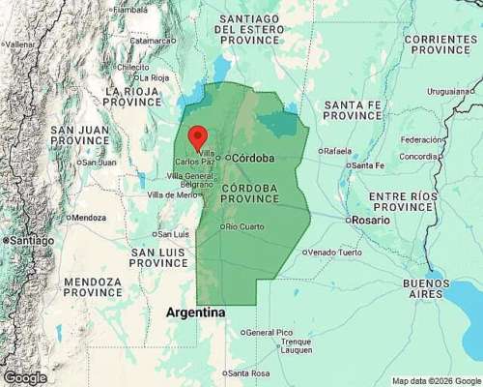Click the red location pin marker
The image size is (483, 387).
pyautogui.click(x=197, y=137)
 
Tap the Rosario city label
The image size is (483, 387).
pyautogui.click(x=372, y=220)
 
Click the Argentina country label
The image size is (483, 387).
pyautogui.click(x=196, y=313)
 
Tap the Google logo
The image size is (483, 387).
pyautogui.click(x=24, y=377)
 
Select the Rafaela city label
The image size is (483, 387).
pyautogui.click(x=337, y=150)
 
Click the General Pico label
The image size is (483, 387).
pyautogui.click(x=270, y=332)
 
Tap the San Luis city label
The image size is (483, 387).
pyautogui.click(x=173, y=233)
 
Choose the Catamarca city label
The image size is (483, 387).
pyautogui.click(x=152, y=41)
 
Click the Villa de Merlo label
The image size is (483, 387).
pyautogui.click(x=172, y=194)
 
